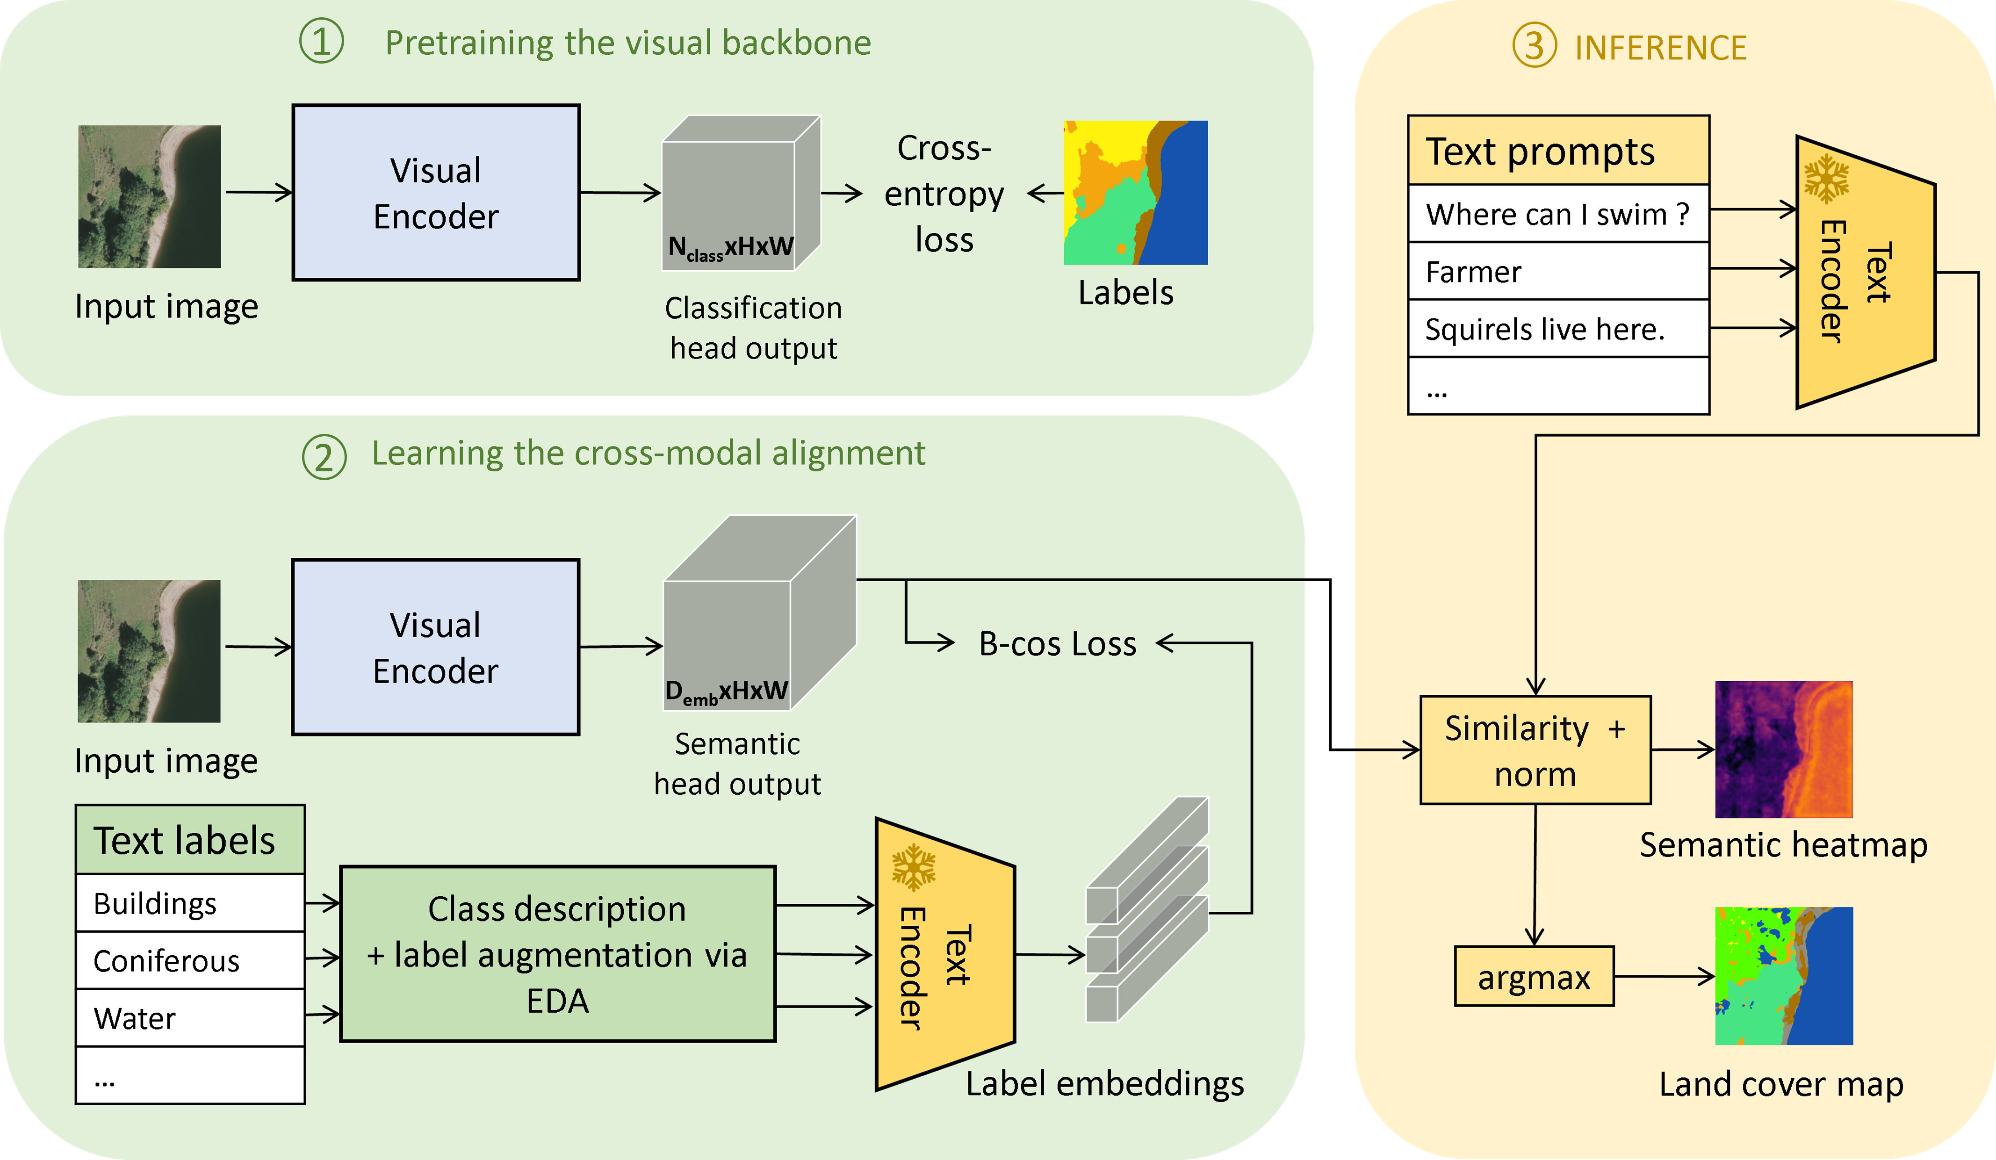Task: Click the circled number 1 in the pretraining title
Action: [x=322, y=42]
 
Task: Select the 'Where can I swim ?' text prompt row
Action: [x=1558, y=214]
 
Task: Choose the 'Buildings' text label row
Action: [x=190, y=903]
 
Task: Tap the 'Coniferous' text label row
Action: [x=190, y=960]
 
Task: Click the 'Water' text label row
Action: [x=190, y=1018]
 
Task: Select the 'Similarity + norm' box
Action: [x=1535, y=750]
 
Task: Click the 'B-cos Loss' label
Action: [x=1058, y=644]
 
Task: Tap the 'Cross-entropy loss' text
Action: [x=944, y=194]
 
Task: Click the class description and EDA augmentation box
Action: [x=558, y=954]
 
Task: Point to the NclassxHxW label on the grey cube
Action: [x=730, y=248]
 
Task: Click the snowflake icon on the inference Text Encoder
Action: [x=1826, y=179]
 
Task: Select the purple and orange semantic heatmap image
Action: [x=1784, y=749]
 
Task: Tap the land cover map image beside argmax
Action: [x=1784, y=976]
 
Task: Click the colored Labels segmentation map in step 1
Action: [x=1135, y=193]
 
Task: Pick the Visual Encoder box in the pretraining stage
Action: [x=436, y=193]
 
